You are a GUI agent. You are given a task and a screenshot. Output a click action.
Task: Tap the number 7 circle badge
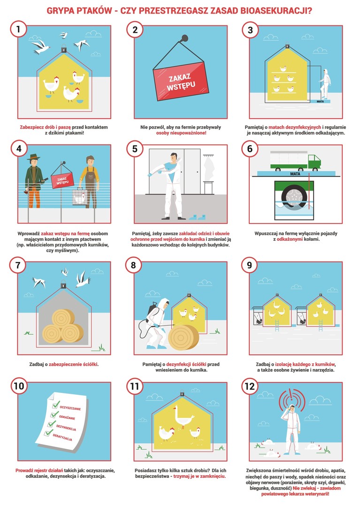pos(18,265)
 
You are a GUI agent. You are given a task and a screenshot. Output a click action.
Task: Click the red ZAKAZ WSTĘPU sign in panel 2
pos(181,81)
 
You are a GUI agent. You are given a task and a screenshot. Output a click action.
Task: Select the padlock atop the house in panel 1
pos(64,49)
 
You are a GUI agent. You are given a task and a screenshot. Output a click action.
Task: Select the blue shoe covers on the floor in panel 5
pos(197,217)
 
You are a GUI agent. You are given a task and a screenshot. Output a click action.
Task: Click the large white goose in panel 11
pos(183,417)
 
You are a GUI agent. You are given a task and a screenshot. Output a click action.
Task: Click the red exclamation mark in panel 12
pos(291,397)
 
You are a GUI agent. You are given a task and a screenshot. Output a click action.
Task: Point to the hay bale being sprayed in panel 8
pos(183,338)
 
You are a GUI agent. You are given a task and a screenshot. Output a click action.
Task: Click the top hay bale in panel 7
pos(63,318)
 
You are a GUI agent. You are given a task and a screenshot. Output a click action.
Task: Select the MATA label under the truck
pos(295,174)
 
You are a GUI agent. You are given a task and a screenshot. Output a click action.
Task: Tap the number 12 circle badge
pos(250,386)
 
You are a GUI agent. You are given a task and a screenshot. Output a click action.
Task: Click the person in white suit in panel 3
pos(324,84)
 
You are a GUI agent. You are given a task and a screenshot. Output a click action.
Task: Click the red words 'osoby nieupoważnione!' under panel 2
pos(181,133)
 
